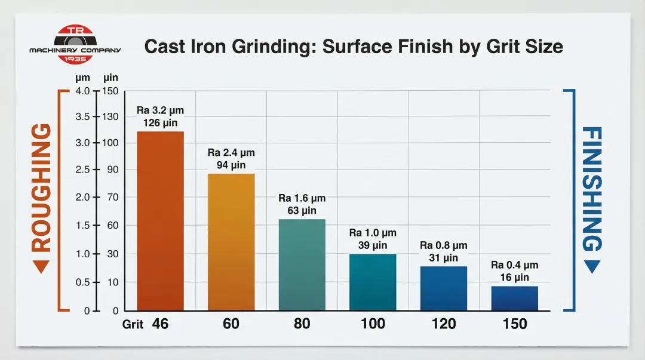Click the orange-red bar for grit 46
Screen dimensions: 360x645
tap(160, 221)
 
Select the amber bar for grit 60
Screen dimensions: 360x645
tap(231, 242)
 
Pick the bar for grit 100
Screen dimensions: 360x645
tap(373, 282)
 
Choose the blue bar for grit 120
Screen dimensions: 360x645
tap(444, 288)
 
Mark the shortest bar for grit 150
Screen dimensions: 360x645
tap(514, 299)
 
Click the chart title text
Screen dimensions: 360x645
tap(354, 47)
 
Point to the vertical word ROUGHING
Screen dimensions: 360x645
tap(41, 187)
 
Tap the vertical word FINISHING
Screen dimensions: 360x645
tap(591, 187)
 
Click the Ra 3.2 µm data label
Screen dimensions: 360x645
tap(161, 110)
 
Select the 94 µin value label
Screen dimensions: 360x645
tap(231, 165)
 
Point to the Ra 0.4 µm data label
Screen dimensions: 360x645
tap(514, 265)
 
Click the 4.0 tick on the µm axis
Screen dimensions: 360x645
tap(81, 91)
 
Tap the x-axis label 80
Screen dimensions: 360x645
tap(302, 324)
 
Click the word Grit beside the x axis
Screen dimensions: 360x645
tap(133, 325)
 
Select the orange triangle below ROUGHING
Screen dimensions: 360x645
tap(41, 267)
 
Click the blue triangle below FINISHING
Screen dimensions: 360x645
tap(591, 267)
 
